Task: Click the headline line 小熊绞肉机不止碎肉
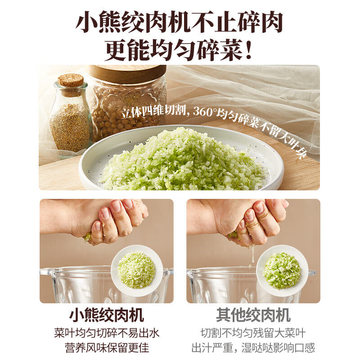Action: coord(180,22)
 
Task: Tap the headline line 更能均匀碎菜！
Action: coord(180,51)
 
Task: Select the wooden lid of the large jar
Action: coord(127,74)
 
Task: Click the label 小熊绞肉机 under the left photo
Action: coord(106,315)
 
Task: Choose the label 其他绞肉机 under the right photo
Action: coord(253,315)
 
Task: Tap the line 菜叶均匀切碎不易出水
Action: coord(106,333)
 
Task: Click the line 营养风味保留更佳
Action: coord(106,347)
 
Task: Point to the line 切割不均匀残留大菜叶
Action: coord(253,333)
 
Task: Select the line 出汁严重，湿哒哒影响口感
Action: coord(253,347)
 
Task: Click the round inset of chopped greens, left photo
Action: coord(137,270)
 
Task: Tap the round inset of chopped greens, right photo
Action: coord(282,270)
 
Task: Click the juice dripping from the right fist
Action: coord(252,254)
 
